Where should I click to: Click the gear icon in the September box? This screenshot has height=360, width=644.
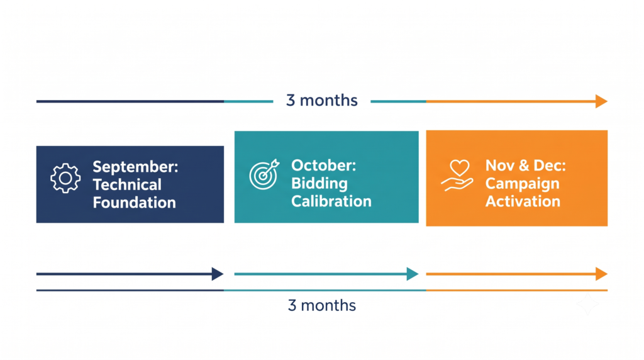click(x=65, y=178)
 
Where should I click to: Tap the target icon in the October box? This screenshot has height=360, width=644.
click(x=264, y=174)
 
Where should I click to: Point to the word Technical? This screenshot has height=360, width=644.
click(x=127, y=185)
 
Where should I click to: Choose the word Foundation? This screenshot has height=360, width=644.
click(x=135, y=203)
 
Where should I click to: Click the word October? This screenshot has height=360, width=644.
click(x=324, y=165)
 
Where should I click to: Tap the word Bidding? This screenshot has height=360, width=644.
click(x=319, y=184)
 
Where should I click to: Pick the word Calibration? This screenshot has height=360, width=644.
click(x=331, y=201)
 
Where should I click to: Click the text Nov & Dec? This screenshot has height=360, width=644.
click(x=526, y=165)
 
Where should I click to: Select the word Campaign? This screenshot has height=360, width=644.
click(x=523, y=184)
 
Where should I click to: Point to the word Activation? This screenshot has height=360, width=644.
click(x=523, y=201)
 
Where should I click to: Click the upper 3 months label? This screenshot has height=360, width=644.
click(x=322, y=100)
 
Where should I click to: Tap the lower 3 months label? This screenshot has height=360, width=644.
click(x=322, y=305)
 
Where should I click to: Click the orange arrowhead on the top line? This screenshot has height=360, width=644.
click(x=602, y=101)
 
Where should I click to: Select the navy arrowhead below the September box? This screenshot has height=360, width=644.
click(x=218, y=274)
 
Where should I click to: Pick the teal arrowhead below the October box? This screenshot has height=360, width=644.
click(x=413, y=274)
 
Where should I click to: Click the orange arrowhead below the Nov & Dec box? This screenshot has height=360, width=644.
click(x=602, y=274)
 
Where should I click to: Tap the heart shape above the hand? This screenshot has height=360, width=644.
click(x=460, y=167)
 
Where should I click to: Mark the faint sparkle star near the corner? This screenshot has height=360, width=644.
click(x=588, y=304)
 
